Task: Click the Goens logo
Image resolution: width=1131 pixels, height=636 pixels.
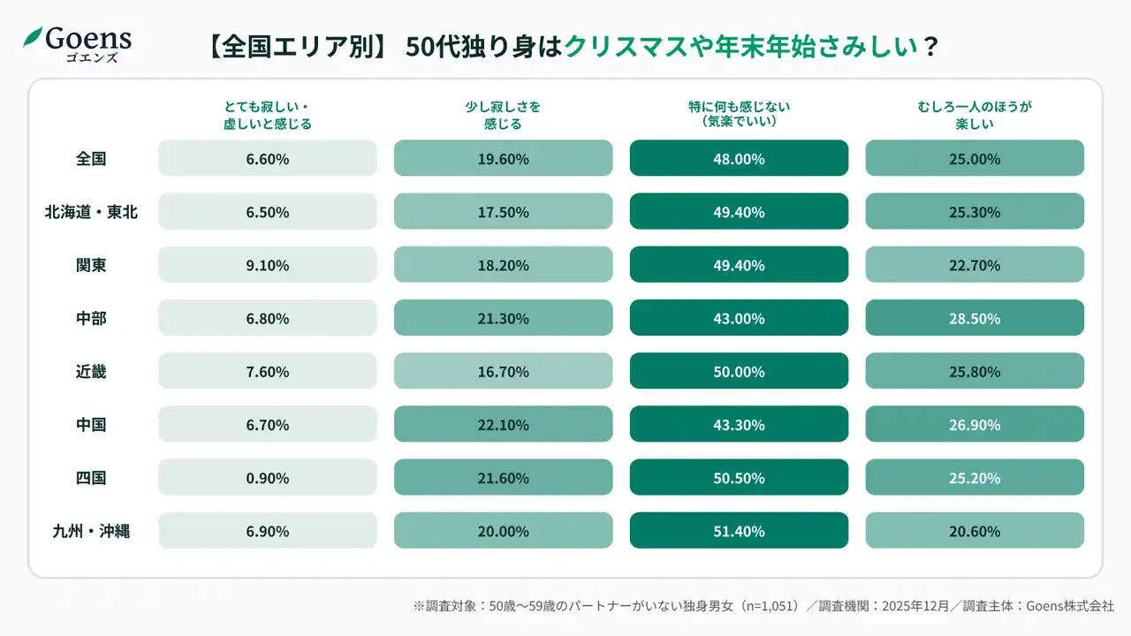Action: point(78,42)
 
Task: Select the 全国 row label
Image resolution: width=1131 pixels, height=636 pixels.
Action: point(91,159)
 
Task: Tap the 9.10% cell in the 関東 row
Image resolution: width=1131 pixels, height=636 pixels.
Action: point(268,265)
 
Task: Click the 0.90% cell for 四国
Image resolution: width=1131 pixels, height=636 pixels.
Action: point(268,478)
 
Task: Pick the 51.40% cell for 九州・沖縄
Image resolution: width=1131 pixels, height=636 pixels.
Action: point(739,531)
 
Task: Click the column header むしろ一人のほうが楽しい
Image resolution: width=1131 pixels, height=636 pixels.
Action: point(975,115)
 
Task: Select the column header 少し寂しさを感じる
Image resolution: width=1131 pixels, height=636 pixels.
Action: point(503,115)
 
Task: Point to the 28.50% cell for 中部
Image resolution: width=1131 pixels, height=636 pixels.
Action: point(975,318)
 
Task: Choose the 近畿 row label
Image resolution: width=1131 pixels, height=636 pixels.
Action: point(91,372)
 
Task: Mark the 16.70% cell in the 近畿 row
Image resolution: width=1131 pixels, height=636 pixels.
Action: point(503,372)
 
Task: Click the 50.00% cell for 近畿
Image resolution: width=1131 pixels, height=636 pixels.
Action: point(739,372)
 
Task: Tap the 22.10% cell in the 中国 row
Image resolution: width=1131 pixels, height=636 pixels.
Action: point(503,425)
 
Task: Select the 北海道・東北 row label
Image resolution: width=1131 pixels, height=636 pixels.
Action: point(91,212)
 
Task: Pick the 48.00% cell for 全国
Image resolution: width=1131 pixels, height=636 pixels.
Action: point(739,159)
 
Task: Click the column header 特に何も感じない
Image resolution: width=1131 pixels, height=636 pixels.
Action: point(739,114)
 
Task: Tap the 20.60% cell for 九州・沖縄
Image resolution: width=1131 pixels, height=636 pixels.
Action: point(975,531)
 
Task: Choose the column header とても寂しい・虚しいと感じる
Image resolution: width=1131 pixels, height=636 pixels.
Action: point(268,115)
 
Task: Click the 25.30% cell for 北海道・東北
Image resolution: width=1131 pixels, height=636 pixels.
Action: point(975,212)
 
